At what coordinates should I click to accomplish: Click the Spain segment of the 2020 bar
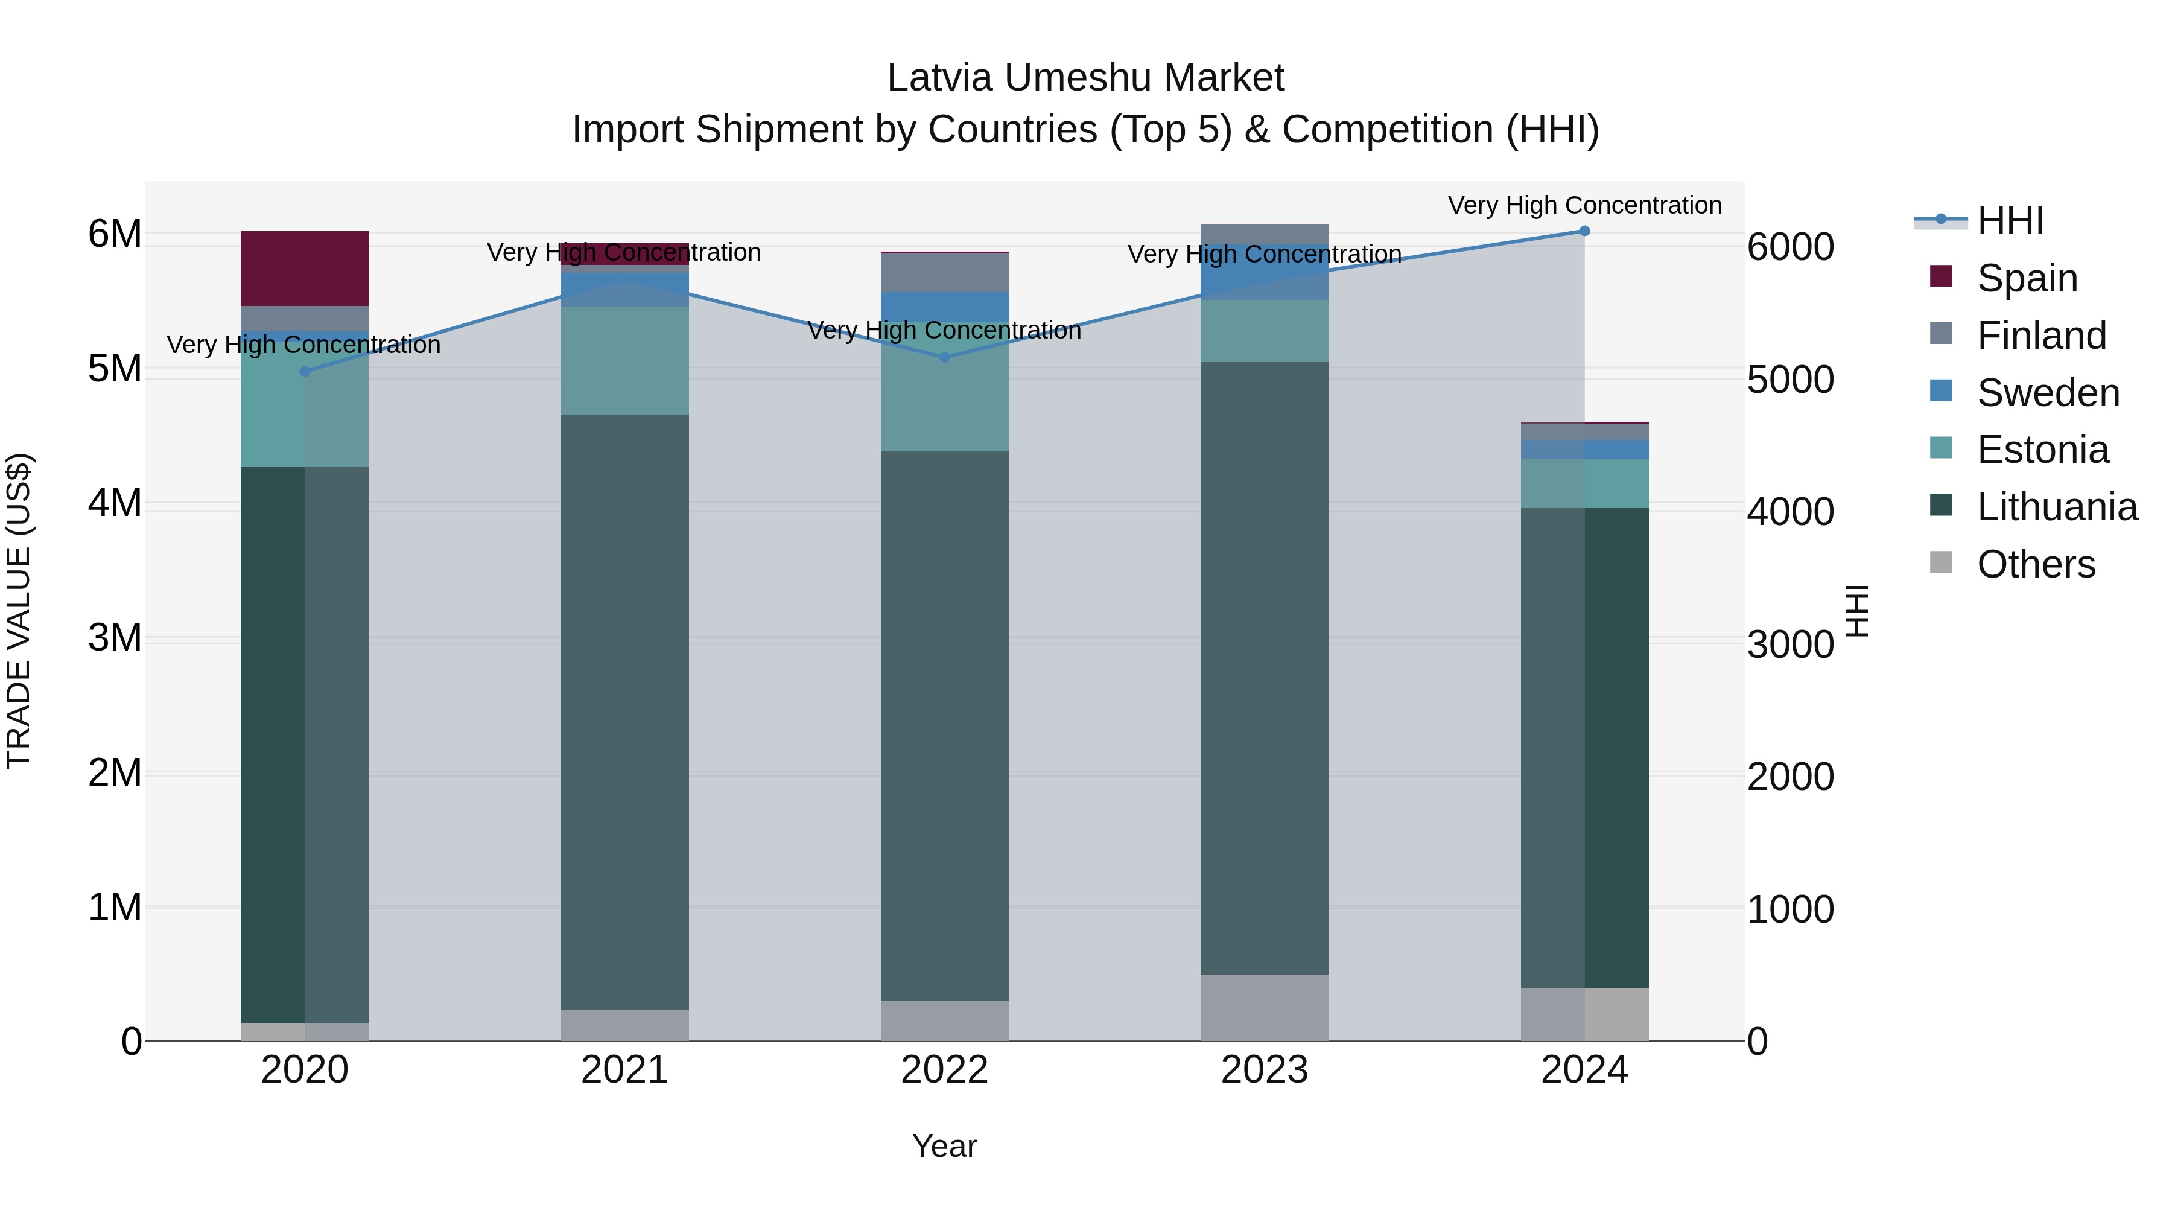[305, 268]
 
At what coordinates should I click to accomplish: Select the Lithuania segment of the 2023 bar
[1264, 668]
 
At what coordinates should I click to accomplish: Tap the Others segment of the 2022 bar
[944, 1020]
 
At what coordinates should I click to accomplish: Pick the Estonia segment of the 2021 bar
[625, 361]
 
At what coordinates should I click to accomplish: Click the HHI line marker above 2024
[1584, 231]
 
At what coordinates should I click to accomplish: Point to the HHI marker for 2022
[944, 358]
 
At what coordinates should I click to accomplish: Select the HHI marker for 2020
[305, 372]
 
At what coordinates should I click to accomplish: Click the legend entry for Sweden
[2047, 393]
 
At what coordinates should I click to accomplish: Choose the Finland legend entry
[2040, 336]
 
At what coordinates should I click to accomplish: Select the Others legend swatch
[1941, 562]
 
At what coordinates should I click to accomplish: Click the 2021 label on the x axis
[625, 1070]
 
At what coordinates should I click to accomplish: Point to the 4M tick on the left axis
[115, 503]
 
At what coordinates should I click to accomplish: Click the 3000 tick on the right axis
[1790, 644]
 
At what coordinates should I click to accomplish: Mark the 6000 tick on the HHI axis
[1790, 247]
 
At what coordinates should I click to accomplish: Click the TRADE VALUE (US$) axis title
[19, 611]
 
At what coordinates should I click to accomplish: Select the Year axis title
[944, 1146]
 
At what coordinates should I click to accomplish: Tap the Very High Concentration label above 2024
[1584, 205]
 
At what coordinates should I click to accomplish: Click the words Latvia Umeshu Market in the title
[1085, 78]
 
